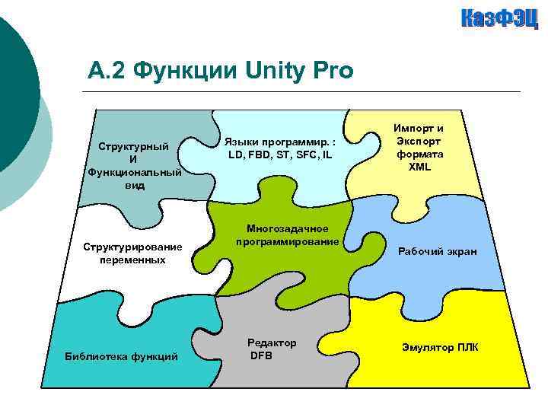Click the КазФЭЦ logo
click(x=499, y=19)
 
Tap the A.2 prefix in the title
click(x=107, y=72)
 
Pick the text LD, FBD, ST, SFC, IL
click(x=280, y=155)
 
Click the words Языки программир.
click(x=279, y=142)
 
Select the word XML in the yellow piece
click(x=419, y=166)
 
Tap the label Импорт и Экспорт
click(x=419, y=135)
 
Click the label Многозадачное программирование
click(x=287, y=235)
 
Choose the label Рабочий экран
click(x=438, y=251)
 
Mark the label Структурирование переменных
click(x=132, y=253)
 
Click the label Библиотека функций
click(x=121, y=355)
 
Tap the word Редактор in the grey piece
click(x=272, y=343)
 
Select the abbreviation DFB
click(x=261, y=355)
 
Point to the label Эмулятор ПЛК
click(x=440, y=347)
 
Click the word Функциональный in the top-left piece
click(x=135, y=172)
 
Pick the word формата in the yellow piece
click(x=419, y=155)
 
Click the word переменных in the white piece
click(x=132, y=260)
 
